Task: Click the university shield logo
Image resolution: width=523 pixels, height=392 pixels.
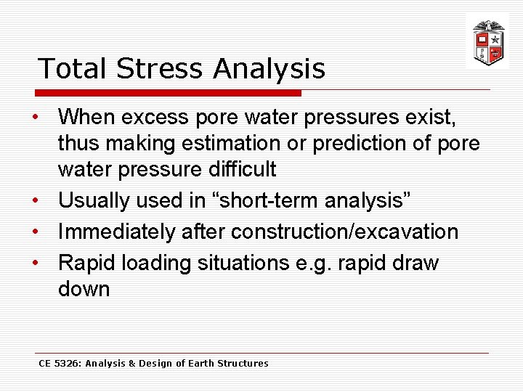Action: click(x=487, y=42)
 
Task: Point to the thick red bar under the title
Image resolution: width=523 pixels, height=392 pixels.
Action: click(x=169, y=93)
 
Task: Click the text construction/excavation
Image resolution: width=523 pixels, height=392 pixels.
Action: click(x=344, y=232)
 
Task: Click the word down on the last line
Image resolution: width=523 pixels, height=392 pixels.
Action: click(x=84, y=289)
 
